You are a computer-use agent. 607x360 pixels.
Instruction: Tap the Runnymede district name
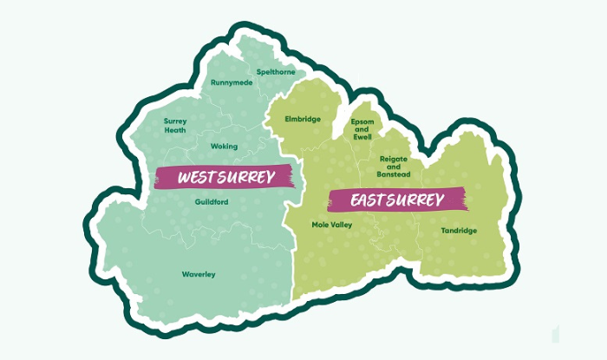[232, 83]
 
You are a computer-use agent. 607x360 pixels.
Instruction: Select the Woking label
[223, 147]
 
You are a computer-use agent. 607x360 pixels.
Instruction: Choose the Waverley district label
[199, 274]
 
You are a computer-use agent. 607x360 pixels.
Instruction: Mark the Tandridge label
[459, 230]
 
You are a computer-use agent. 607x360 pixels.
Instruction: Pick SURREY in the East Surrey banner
[420, 200]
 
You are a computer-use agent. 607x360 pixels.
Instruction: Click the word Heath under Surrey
[175, 130]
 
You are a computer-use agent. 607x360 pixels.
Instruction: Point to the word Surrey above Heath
[175, 121]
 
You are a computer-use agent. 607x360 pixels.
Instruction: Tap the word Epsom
[362, 121]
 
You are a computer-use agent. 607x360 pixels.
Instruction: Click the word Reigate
[395, 160]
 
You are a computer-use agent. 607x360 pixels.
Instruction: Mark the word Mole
[321, 225]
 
